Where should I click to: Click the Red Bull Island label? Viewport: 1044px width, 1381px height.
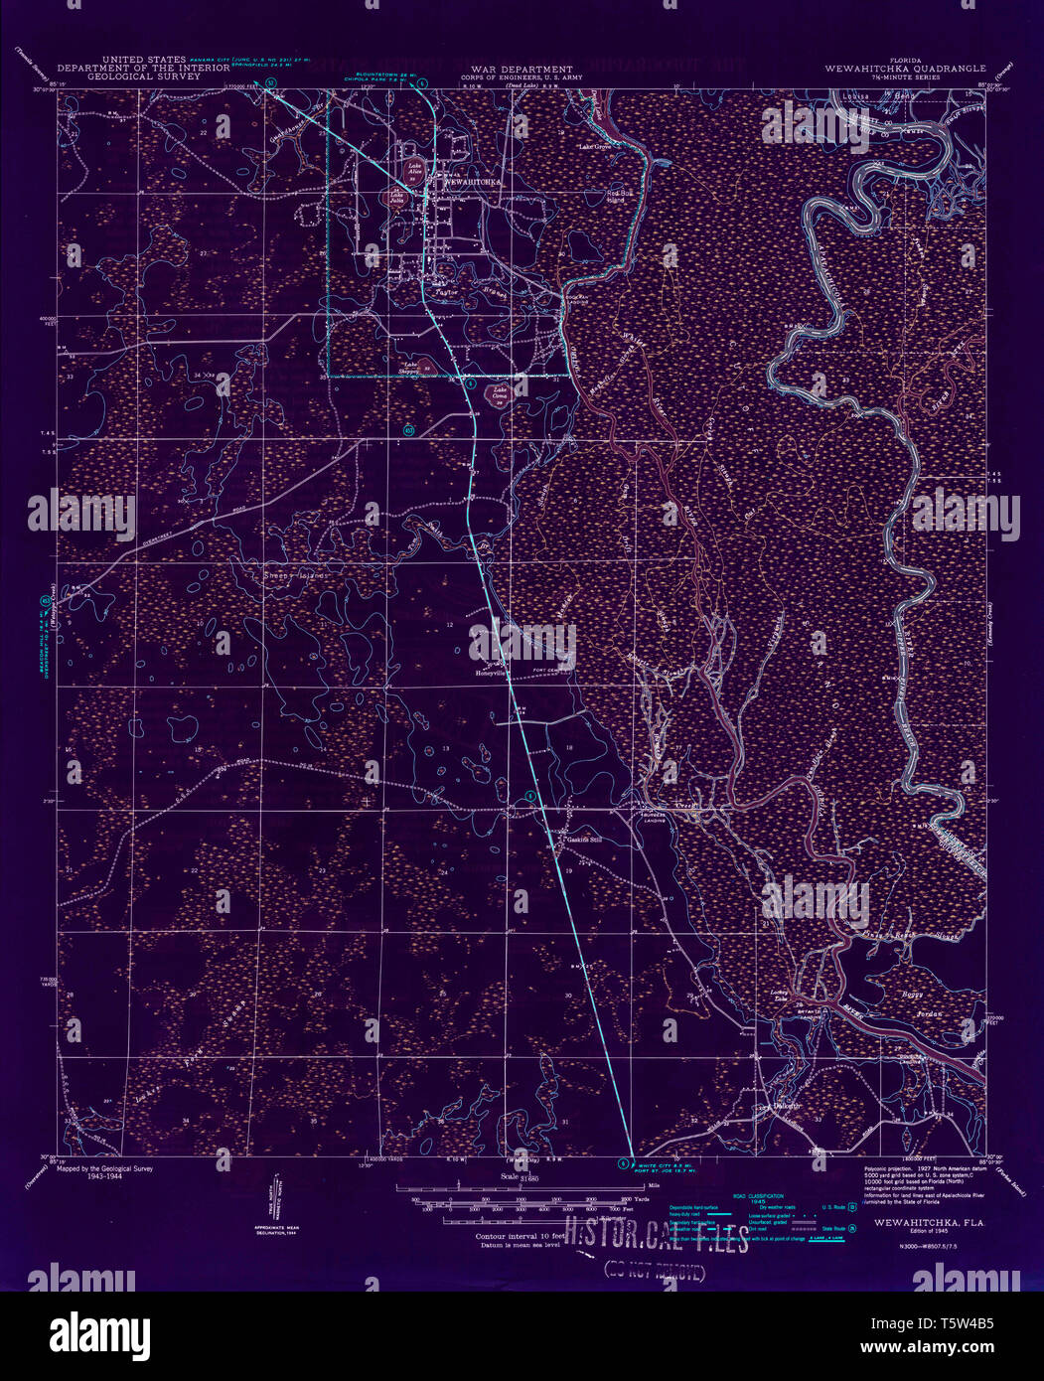pyautogui.click(x=619, y=195)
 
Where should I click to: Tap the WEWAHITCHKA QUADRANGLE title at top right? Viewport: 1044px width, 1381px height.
pyautogui.click(x=904, y=69)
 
